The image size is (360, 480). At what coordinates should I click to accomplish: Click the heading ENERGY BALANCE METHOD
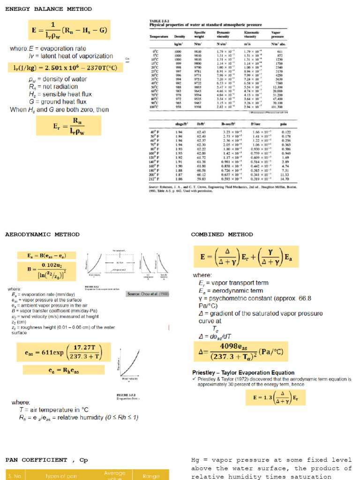coord(48,9)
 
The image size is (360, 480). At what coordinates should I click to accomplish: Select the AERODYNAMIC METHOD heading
coord(42,234)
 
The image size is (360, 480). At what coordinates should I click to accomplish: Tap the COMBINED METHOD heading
coord(221,234)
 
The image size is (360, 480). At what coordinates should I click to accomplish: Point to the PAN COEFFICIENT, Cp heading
coord(46,460)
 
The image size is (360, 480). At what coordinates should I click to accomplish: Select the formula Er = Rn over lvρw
coord(68,125)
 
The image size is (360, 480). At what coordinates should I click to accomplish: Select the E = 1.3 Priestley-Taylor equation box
coord(272,398)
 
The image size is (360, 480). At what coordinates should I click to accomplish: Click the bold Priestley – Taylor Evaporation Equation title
coord(243,373)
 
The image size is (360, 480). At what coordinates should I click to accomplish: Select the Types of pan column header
coord(59,476)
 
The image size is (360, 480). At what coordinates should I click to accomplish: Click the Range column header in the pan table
coord(151,476)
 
